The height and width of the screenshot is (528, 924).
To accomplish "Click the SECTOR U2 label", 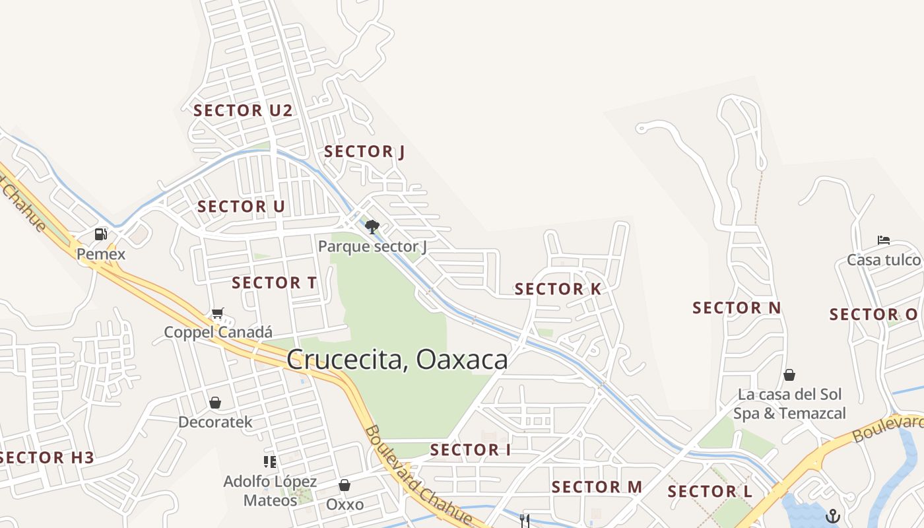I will click(242, 110).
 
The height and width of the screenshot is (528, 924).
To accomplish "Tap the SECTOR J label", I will click(364, 152).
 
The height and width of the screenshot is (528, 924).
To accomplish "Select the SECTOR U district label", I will click(241, 207).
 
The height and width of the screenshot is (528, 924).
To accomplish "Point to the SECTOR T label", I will click(274, 283).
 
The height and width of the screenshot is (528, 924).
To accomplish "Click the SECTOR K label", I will click(558, 289).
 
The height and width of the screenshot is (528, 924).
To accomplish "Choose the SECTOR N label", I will click(737, 308).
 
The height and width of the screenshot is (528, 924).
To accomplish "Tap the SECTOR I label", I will click(470, 450).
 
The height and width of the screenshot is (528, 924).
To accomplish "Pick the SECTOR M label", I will click(597, 487).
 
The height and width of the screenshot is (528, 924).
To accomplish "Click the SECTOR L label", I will click(709, 492).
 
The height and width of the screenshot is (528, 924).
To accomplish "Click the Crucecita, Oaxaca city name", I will click(397, 360).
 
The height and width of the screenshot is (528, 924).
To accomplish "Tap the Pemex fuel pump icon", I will click(100, 234).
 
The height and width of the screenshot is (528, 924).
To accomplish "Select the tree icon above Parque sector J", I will click(372, 227).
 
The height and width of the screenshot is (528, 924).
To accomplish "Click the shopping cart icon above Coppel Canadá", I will click(218, 313).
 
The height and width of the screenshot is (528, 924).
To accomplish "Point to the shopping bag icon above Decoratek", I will click(215, 403).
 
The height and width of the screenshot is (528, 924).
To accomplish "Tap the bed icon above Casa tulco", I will click(884, 240).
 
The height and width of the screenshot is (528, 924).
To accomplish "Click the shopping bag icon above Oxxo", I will click(345, 486).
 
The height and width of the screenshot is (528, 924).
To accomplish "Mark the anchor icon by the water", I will click(833, 515).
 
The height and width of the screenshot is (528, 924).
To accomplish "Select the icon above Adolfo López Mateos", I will click(269, 461).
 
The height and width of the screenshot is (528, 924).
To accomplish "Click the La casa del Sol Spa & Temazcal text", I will click(789, 404).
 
